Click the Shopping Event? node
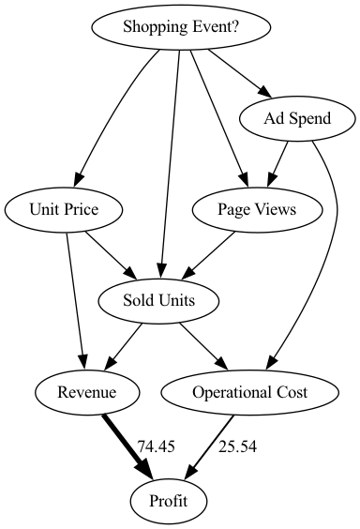point(181,27)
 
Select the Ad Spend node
point(298,118)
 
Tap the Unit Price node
point(65,209)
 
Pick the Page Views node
point(244,209)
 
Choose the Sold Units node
point(159,300)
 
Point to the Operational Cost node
point(249,391)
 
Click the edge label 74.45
point(157,446)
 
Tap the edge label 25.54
point(238,446)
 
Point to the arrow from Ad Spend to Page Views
point(277,161)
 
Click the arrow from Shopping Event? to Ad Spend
point(236,72)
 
